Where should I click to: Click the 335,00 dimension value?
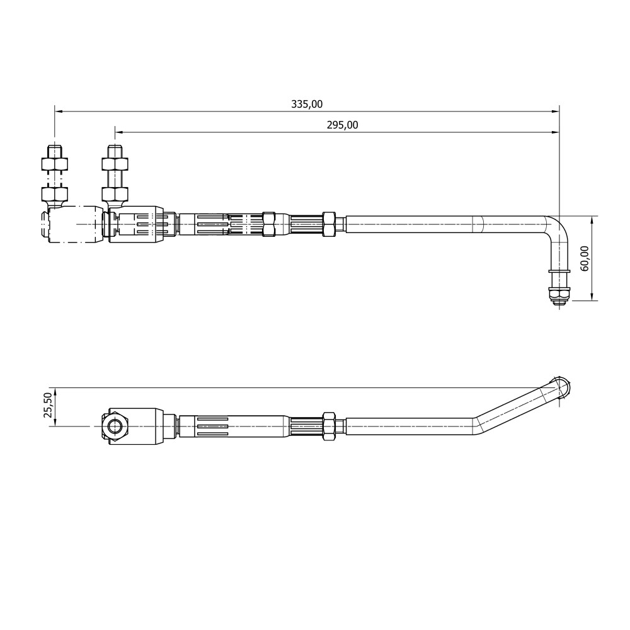click(x=307, y=105)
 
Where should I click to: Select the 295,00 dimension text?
click(x=342, y=125)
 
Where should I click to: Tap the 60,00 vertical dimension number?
click(x=585, y=258)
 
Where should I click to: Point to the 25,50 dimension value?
click(x=48, y=405)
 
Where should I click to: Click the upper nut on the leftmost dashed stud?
click(x=55, y=164)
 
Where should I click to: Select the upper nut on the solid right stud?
click(x=115, y=164)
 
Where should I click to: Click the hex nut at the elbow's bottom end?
click(x=559, y=294)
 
